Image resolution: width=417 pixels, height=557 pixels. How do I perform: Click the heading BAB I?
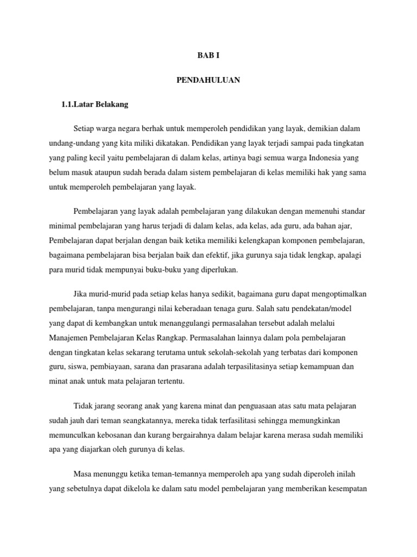208,56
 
